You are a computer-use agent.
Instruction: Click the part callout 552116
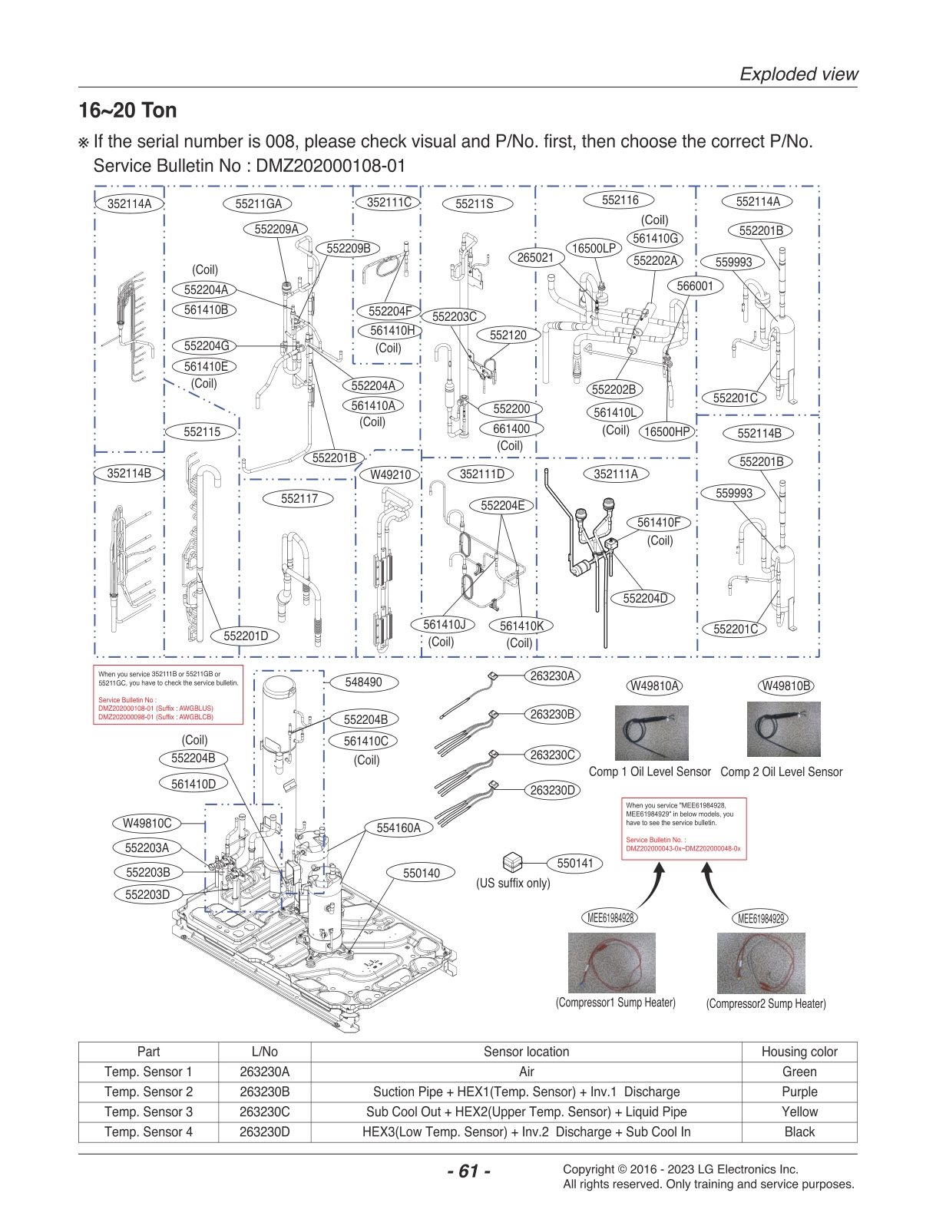tap(620, 200)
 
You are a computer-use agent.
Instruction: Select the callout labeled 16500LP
tap(594, 248)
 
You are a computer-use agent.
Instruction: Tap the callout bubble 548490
tap(363, 682)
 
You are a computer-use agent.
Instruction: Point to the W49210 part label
tap(390, 474)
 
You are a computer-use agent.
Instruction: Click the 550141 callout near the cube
tap(575, 863)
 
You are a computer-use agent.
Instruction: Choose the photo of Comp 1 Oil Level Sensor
tap(651, 733)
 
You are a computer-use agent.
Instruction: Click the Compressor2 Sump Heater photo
tap(761, 963)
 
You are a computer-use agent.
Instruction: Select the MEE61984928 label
tap(611, 918)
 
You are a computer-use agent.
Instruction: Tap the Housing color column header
tap(799, 1052)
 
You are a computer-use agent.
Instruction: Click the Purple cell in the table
tap(799, 1092)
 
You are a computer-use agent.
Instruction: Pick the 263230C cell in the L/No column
tap(264, 1112)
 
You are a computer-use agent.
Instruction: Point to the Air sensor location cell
tap(526, 1072)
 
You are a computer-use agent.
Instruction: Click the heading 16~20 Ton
tap(127, 111)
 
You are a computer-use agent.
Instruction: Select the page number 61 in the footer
tap(468, 1171)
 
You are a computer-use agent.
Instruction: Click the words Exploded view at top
tap(798, 74)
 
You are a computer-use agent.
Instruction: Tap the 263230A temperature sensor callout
tap(552, 676)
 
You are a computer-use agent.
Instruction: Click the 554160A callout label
tap(399, 828)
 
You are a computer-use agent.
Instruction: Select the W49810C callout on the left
tap(147, 823)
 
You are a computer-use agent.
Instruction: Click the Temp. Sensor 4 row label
tap(148, 1131)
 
